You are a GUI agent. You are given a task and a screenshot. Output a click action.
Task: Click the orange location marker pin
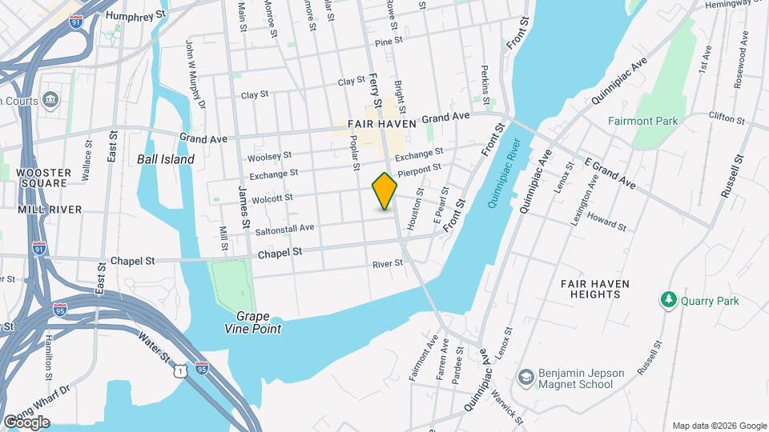[x=385, y=191]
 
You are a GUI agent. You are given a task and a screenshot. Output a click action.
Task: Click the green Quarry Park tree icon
[x=667, y=300]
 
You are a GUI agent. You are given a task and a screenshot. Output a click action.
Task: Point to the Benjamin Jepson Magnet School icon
[x=526, y=378]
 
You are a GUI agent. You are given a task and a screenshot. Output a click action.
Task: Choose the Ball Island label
[x=166, y=159]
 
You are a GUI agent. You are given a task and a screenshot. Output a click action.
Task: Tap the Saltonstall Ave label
[x=284, y=228]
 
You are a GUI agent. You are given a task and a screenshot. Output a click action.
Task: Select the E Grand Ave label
[x=610, y=174]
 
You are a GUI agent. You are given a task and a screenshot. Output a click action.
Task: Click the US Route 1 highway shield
[x=182, y=370]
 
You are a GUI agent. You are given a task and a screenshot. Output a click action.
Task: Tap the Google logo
[x=26, y=422]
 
